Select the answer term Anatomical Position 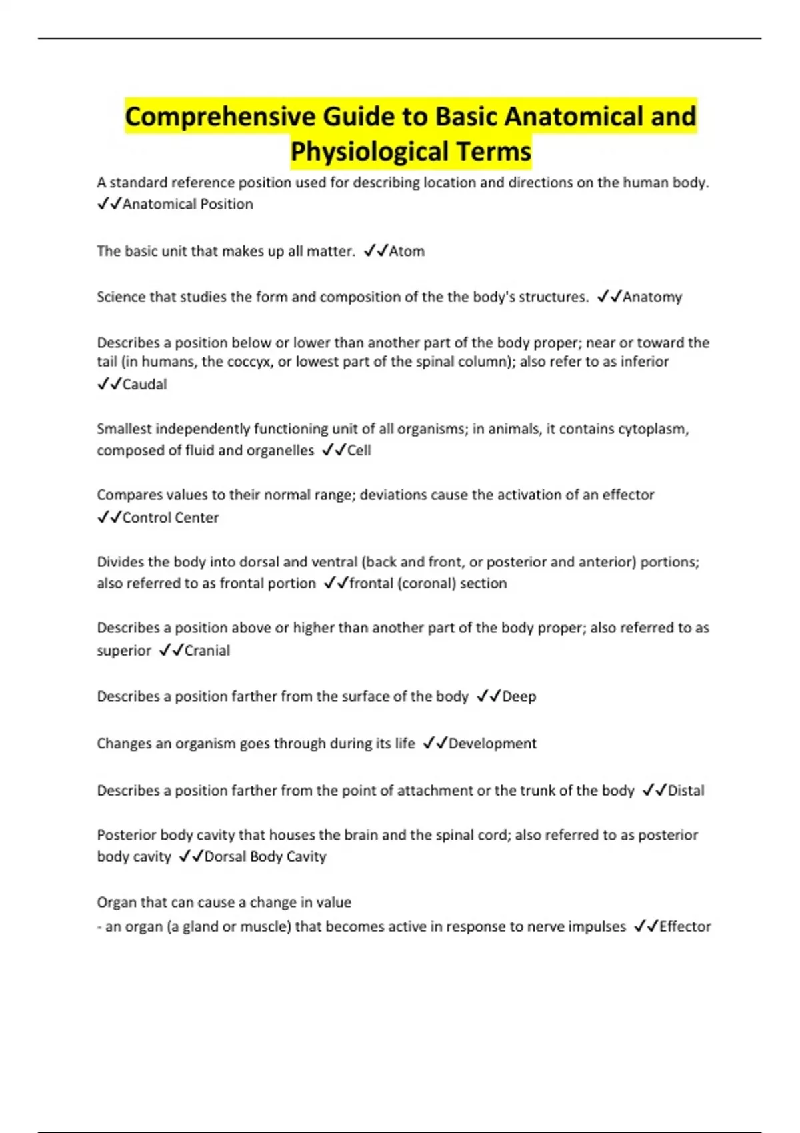[187, 205]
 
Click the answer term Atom [407, 251]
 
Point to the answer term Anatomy [652, 297]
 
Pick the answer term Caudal [145, 385]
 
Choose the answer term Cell [359, 451]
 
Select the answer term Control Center [171, 518]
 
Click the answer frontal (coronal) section [428, 584]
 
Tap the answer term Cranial [207, 651]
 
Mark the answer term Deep [519, 697]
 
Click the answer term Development [493, 744]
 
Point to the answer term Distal [686, 791]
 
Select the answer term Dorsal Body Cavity [265, 857]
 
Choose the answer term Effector [685, 927]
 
